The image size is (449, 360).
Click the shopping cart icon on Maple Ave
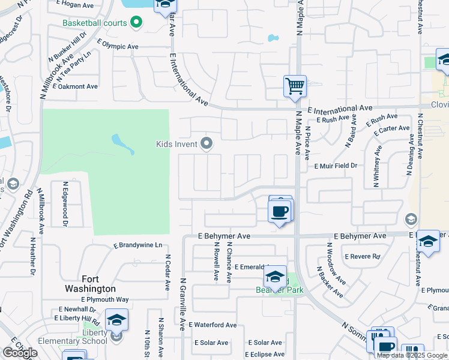point(295,86)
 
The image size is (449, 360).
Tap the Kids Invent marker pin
point(207,143)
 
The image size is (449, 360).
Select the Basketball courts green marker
point(136,23)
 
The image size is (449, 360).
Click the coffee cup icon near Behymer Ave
point(280,211)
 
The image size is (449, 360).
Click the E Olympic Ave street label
point(118,46)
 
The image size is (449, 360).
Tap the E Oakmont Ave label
point(75,86)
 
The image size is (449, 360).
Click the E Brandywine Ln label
point(138,245)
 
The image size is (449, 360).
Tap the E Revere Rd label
point(363,256)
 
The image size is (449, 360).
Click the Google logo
point(20,353)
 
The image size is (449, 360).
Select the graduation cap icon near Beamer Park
point(275,277)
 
